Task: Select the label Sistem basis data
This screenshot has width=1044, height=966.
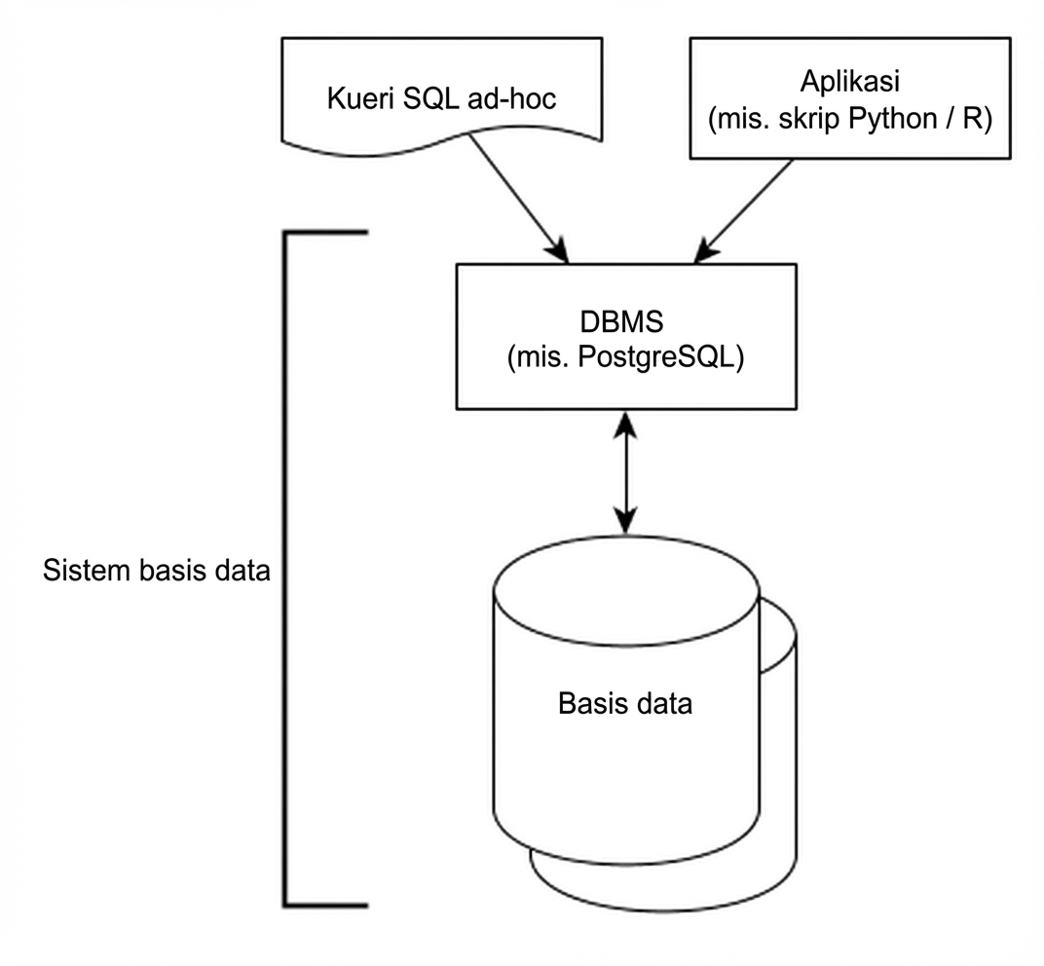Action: point(156,571)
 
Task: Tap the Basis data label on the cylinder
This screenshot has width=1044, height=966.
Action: point(625,703)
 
